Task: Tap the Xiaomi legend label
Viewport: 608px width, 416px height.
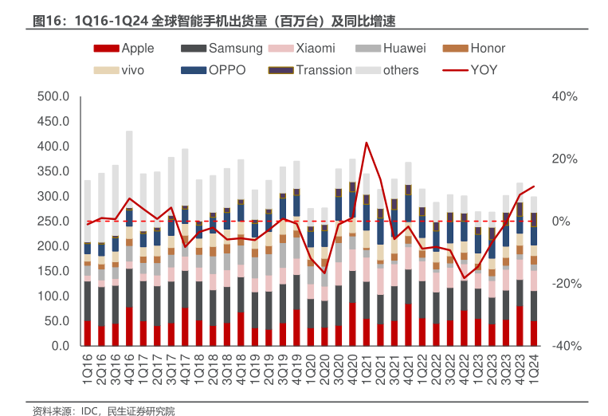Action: (x=315, y=49)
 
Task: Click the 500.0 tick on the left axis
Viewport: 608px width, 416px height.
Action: (x=55, y=96)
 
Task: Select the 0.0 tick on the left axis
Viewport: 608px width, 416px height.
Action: (x=61, y=346)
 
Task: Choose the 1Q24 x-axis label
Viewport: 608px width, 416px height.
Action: (x=533, y=368)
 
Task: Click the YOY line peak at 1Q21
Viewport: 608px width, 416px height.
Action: (x=366, y=143)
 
